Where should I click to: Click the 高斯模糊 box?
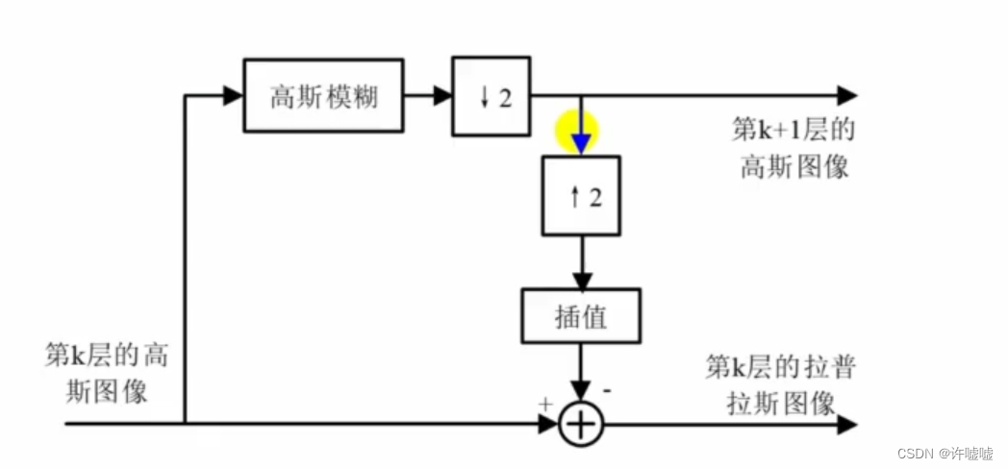click(324, 95)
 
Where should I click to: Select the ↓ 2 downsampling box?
click(491, 95)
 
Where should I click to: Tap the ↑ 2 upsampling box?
click(580, 196)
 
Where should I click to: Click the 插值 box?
click(580, 316)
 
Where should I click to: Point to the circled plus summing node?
click(580, 424)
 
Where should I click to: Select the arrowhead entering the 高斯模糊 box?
click(232, 95)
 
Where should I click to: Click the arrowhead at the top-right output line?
click(846, 95)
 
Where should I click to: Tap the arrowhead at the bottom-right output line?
click(846, 424)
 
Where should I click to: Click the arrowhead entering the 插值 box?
click(580, 279)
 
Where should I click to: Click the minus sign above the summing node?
click(608, 392)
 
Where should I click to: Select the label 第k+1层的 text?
click(794, 129)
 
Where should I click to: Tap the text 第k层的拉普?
click(780, 367)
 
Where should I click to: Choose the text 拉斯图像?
click(780, 403)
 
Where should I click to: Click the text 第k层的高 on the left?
click(106, 355)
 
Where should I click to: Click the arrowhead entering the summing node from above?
click(580, 392)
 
